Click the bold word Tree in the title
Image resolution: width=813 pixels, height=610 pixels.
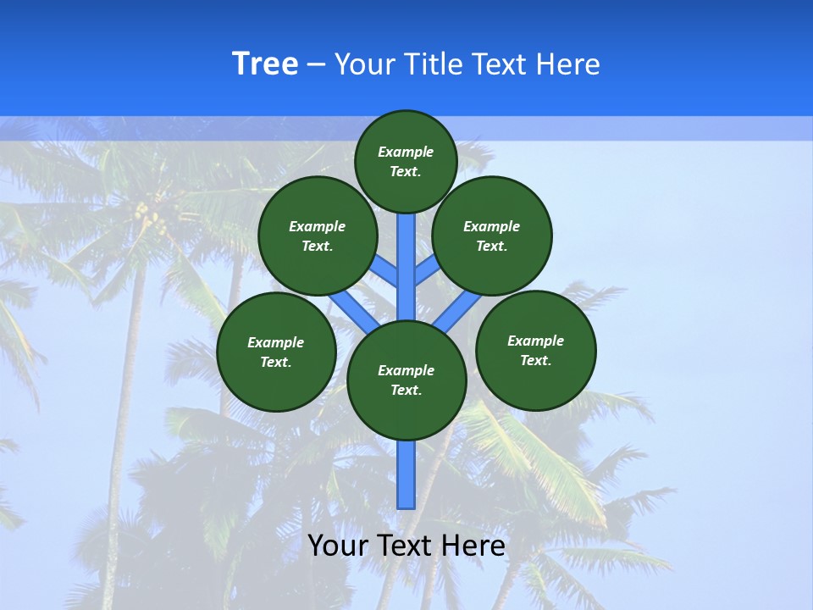[x=265, y=64]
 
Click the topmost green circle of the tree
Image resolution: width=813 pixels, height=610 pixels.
[x=406, y=161]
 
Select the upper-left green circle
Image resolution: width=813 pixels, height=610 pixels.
[x=317, y=236]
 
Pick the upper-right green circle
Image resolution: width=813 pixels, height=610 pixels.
[x=492, y=236]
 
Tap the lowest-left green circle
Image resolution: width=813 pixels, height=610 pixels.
[x=276, y=352]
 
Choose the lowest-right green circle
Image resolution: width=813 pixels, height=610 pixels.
[x=535, y=350]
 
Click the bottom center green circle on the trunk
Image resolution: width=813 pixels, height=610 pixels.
[x=406, y=380]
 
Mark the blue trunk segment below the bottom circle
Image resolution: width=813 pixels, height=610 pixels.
[x=406, y=474]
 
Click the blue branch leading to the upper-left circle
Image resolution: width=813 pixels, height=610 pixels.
[x=386, y=270]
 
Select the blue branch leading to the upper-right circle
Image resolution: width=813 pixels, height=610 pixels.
[x=426, y=270]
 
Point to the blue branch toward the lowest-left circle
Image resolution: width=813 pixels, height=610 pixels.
[x=348, y=308]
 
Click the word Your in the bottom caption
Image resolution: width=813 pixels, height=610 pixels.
[x=339, y=546]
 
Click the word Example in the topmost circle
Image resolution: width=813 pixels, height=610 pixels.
[x=406, y=152]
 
